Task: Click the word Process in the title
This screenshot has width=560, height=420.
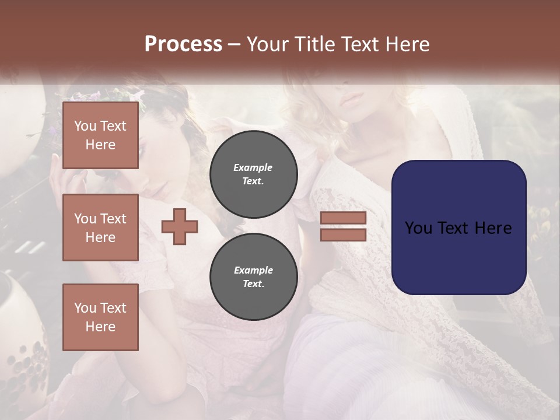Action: pyautogui.click(x=183, y=44)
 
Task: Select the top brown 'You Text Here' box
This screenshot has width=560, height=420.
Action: pyautogui.click(x=100, y=135)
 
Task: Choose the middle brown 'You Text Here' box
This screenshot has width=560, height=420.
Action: pyautogui.click(x=100, y=228)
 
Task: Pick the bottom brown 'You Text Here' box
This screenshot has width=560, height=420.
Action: pyautogui.click(x=100, y=317)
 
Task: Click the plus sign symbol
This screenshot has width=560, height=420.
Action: pyautogui.click(x=180, y=227)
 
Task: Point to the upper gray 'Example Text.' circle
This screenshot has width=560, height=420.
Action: pyautogui.click(x=253, y=174)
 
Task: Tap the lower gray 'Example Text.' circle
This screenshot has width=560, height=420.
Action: pyautogui.click(x=253, y=277)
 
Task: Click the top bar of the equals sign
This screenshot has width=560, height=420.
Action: pyautogui.click(x=343, y=218)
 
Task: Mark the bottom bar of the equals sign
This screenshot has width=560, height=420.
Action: pyautogui.click(x=343, y=235)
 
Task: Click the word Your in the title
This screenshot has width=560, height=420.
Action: pyautogui.click(x=265, y=44)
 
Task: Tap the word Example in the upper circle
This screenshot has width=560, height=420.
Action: pyautogui.click(x=253, y=167)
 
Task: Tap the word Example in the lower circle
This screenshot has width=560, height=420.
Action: pyautogui.click(x=253, y=270)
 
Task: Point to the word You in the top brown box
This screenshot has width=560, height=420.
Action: pyautogui.click(x=85, y=126)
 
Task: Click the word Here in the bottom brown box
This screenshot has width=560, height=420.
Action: pyautogui.click(x=100, y=327)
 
